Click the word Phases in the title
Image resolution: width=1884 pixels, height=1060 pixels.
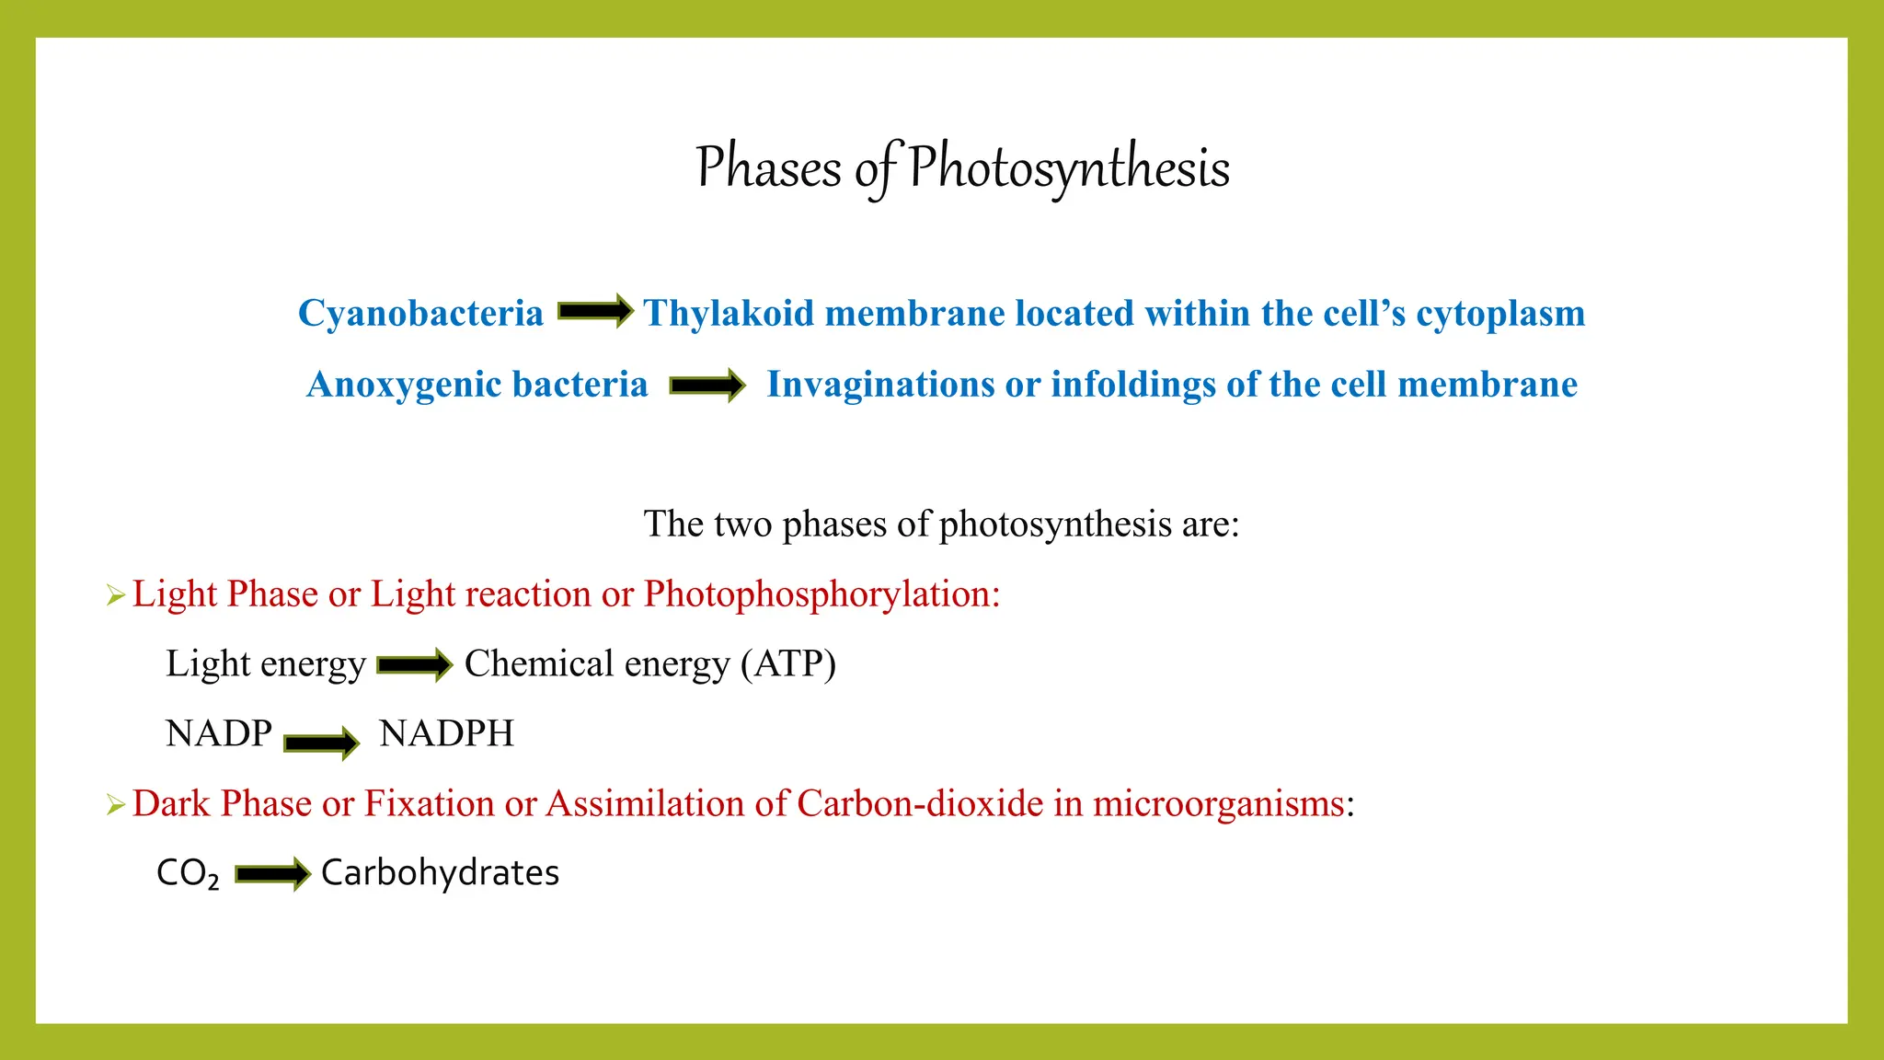click(x=768, y=167)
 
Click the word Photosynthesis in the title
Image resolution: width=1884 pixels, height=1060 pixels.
click(x=1069, y=167)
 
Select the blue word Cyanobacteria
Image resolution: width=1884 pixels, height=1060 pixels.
click(x=420, y=314)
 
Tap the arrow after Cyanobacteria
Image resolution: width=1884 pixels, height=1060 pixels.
click(x=595, y=311)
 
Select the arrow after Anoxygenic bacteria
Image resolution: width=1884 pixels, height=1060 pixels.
click(x=706, y=385)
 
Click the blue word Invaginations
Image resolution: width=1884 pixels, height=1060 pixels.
click(x=879, y=385)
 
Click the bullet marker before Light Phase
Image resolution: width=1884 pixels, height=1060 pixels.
click(x=115, y=596)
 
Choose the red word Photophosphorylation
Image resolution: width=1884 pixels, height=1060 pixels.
click(x=821, y=594)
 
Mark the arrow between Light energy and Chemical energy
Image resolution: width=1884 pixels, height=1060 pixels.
click(x=415, y=664)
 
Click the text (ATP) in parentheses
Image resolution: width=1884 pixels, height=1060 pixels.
click(x=788, y=664)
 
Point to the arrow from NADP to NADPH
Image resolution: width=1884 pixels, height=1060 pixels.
click(x=321, y=742)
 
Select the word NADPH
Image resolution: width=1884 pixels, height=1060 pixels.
click(x=446, y=734)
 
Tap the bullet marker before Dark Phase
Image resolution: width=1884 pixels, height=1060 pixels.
click(x=115, y=806)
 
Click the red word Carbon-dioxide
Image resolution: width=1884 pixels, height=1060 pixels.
click(x=920, y=804)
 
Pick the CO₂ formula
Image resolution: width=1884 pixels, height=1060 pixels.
click(x=188, y=873)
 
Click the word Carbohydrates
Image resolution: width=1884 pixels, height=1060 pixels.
click(x=440, y=873)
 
